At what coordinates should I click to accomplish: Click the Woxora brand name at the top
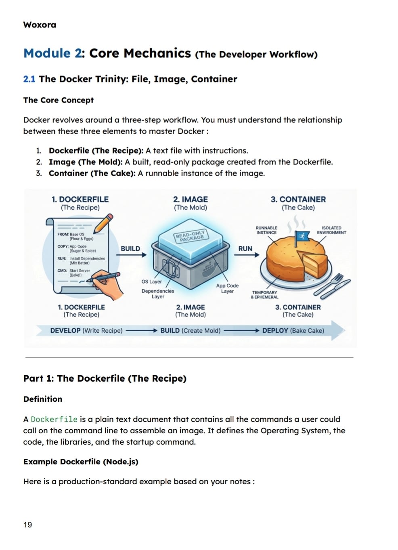click(40, 25)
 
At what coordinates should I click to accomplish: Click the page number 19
click(27, 525)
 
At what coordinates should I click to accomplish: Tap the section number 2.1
click(29, 79)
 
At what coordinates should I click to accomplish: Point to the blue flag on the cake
click(302, 237)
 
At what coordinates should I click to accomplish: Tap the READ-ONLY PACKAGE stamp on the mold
click(190, 236)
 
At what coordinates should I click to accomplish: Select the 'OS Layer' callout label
click(151, 281)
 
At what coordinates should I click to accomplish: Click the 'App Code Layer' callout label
click(227, 288)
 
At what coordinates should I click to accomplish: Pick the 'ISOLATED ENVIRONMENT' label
click(331, 230)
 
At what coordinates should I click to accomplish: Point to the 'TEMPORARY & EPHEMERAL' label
click(264, 294)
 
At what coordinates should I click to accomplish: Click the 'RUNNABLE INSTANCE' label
click(266, 230)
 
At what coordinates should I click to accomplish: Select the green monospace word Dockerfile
click(54, 419)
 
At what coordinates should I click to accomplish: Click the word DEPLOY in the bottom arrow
click(275, 330)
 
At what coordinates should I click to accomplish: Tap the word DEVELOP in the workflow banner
click(65, 330)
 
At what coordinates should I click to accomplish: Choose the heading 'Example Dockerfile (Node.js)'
click(81, 462)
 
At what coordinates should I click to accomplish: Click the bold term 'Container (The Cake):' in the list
click(92, 173)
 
